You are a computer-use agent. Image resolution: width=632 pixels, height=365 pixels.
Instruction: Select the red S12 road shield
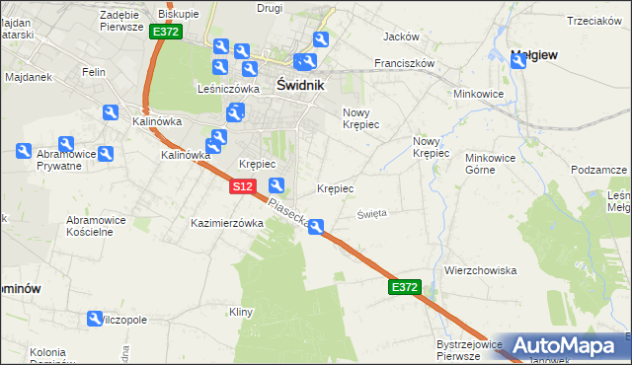[244, 185]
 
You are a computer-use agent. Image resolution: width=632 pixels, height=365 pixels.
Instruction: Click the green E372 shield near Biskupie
[166, 33]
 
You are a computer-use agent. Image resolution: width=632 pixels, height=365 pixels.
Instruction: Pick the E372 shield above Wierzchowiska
[405, 287]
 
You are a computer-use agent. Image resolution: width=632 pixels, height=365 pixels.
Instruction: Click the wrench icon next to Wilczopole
[95, 320]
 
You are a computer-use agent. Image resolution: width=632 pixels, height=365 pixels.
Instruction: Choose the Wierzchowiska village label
[481, 270]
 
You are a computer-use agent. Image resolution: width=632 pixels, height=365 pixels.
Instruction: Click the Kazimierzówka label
[227, 223]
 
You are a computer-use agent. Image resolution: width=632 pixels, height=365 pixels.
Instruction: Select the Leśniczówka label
[228, 88]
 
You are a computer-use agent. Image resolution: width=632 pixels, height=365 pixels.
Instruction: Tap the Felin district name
[94, 72]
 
